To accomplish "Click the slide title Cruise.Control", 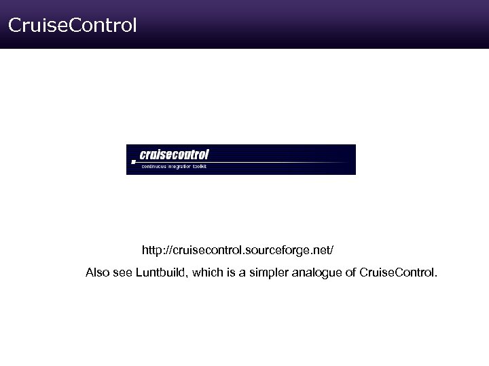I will coord(72,26).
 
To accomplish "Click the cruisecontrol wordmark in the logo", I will coord(174,155).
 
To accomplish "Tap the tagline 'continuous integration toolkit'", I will coord(173,166).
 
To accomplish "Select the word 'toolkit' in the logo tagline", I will coord(199,166).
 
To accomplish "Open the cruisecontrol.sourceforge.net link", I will coord(238,251).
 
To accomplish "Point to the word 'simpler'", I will coord(268,273).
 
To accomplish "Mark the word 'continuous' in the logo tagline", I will coord(153,166).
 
